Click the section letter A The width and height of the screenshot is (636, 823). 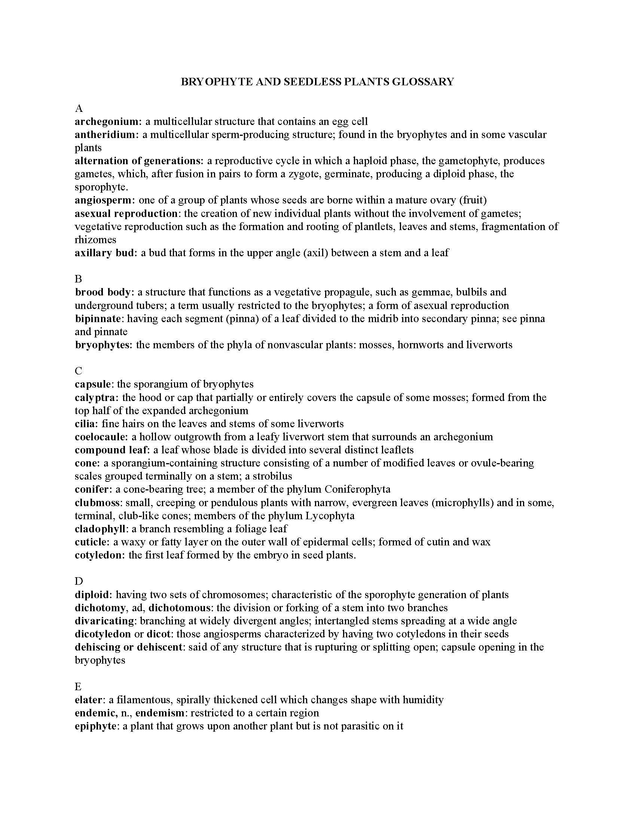(79, 108)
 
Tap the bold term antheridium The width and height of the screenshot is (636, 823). (105, 135)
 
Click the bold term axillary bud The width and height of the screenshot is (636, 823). (104, 253)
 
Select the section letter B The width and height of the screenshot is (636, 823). (78, 279)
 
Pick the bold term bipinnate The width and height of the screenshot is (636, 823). (98, 318)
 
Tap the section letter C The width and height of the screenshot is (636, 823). (78, 371)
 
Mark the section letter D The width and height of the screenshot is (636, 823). (79, 581)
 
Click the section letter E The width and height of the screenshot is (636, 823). (78, 686)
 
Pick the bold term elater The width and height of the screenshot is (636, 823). (89, 700)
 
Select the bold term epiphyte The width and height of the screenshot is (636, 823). (95, 726)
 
